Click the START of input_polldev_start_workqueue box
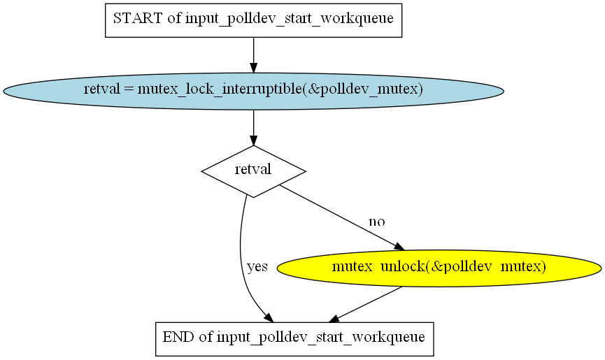[253, 20]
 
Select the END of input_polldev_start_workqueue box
[294, 339]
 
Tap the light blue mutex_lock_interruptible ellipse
[253, 91]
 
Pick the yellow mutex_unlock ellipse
[439, 268]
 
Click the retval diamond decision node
[253, 171]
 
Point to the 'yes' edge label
[257, 266]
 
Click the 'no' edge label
[376, 222]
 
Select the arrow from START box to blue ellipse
[253, 55]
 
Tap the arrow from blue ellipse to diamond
[253, 128]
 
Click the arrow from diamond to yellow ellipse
[342, 218]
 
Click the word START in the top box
[138, 18]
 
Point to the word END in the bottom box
[178, 337]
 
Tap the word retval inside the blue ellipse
[102, 89]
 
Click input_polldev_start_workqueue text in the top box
[290, 18]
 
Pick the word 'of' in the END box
[206, 337]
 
